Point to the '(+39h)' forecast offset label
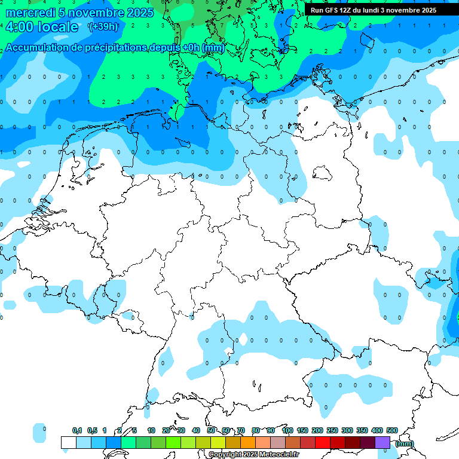click(103, 27)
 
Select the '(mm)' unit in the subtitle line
click(213, 48)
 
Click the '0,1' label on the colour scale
click(77, 430)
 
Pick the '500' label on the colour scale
click(392, 430)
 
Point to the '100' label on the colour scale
click(287, 430)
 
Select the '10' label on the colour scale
click(151, 430)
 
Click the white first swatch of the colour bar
click(68, 442)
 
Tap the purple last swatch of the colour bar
click(382, 442)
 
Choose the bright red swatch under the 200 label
click(323, 442)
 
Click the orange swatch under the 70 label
click(247, 442)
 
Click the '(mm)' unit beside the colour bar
click(405, 443)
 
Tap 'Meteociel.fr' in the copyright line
click(279, 455)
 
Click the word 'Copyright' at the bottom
click(227, 455)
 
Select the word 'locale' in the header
click(58, 27)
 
